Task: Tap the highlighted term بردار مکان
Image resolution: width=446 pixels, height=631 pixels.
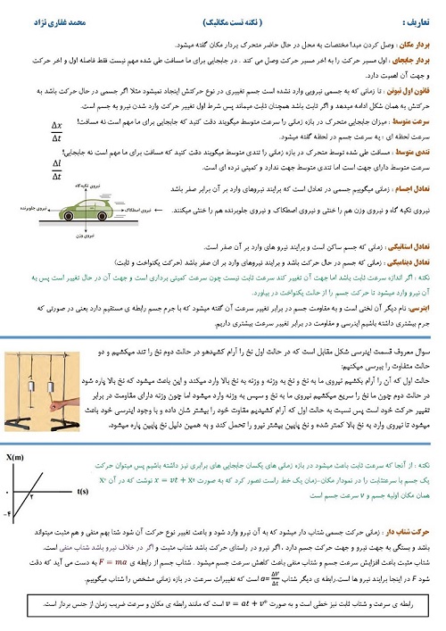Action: [x=420, y=41]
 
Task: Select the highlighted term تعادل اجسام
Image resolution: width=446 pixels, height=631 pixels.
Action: [x=416, y=187]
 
